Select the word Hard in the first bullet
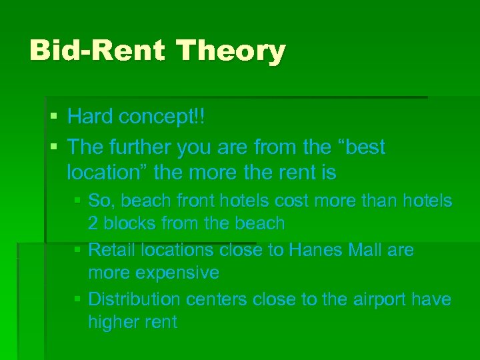91,117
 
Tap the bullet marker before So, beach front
79,201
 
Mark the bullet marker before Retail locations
79,251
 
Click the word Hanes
315,250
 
